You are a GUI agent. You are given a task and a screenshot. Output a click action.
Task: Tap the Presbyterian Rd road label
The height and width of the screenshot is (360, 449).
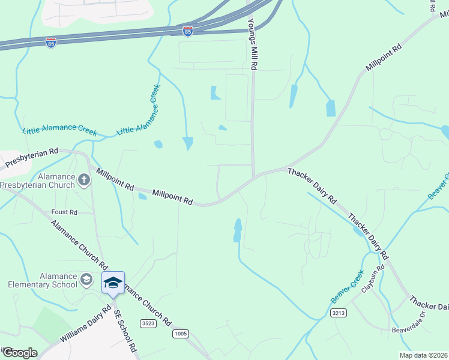31,158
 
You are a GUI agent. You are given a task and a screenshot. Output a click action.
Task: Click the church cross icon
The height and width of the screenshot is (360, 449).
84,178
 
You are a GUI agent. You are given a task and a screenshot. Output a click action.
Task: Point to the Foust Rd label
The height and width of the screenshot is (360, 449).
64,212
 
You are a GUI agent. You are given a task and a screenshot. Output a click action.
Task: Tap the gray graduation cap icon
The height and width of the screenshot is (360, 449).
87,279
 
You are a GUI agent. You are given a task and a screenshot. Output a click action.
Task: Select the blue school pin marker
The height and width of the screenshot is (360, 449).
113,283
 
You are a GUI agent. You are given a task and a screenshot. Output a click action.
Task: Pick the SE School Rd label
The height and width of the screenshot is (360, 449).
126,331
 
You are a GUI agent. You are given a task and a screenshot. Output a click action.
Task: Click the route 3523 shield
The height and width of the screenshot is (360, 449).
148,323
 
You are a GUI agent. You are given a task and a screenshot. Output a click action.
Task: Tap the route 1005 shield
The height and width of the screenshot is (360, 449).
180,333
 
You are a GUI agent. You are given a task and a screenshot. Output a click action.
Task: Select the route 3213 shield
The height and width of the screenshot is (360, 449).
339,313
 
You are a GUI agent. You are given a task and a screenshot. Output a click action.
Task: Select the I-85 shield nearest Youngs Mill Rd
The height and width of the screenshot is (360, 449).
188,31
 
